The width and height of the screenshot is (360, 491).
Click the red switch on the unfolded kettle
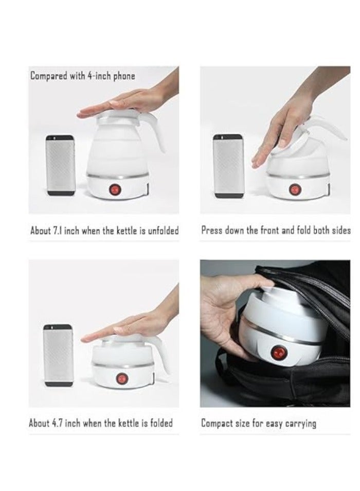point(115,189)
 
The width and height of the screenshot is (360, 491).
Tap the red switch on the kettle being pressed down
point(294,189)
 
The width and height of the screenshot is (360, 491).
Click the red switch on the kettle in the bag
point(278,353)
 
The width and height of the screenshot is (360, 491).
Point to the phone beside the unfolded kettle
point(61,165)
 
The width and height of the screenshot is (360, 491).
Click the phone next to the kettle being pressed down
point(228,166)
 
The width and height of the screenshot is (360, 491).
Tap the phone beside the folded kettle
point(58,355)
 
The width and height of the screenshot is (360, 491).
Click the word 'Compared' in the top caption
point(49,76)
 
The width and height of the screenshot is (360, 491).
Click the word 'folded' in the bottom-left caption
point(161,423)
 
